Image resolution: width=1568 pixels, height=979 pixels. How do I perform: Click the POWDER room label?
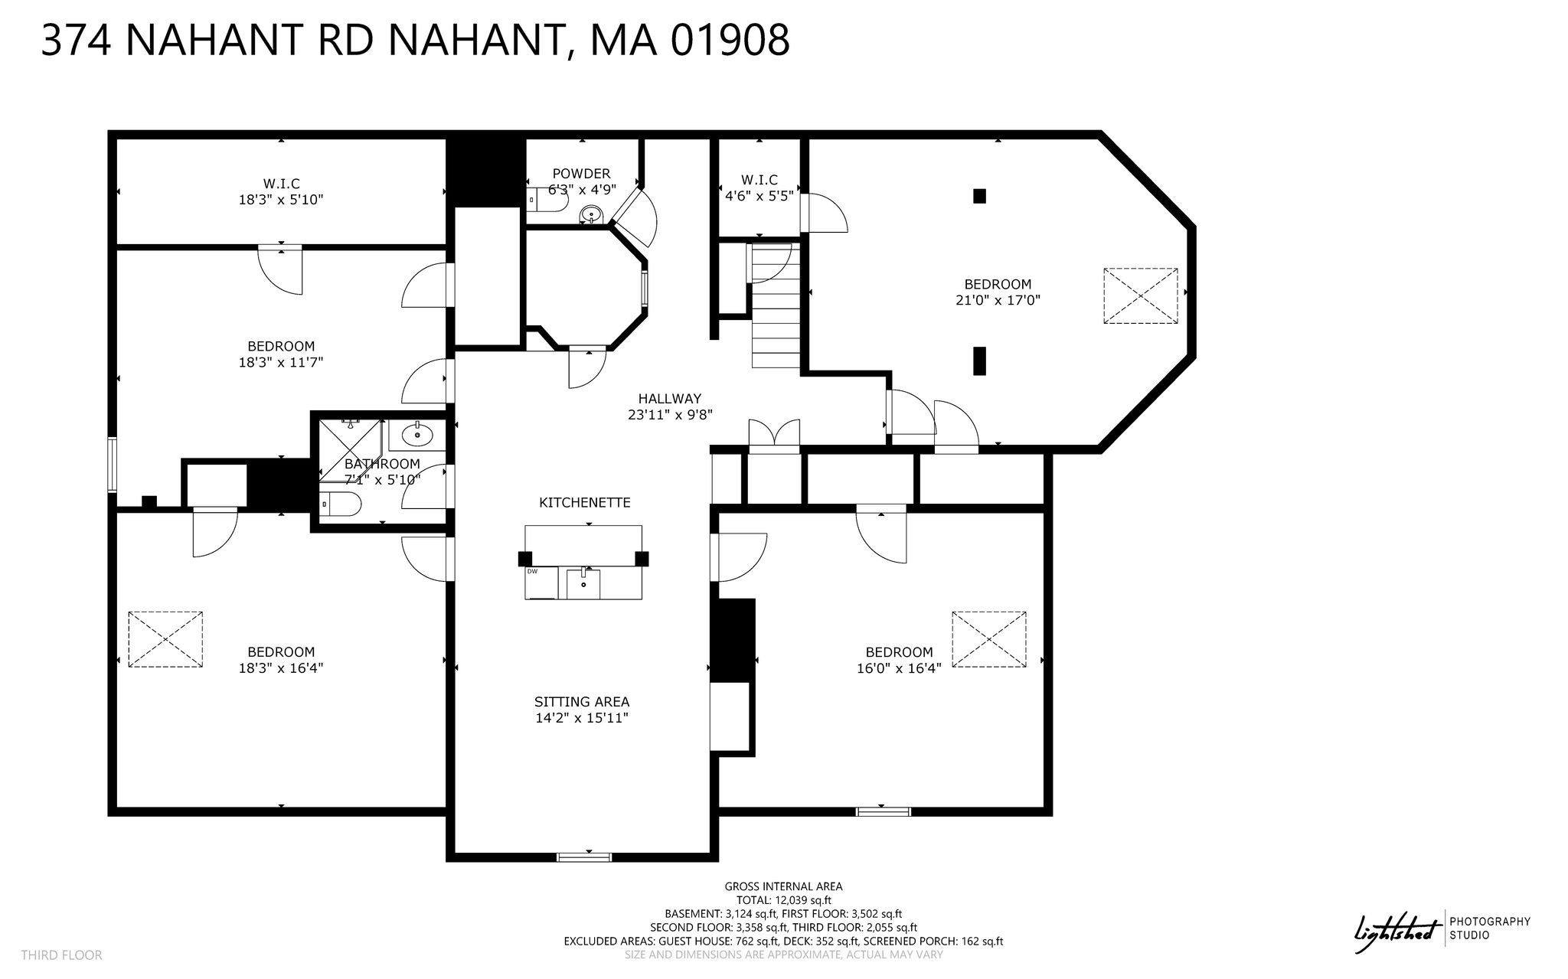coord(581,174)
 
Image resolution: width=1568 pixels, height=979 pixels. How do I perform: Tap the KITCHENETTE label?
coord(585,503)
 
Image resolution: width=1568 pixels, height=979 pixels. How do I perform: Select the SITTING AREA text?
coord(582,702)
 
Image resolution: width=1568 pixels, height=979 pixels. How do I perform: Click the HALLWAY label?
coord(670,399)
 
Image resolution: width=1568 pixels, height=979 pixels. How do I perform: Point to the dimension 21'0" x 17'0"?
coord(998,301)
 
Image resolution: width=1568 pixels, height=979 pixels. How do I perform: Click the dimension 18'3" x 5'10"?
coord(281,200)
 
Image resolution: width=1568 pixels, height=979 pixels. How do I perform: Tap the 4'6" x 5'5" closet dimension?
coord(759,195)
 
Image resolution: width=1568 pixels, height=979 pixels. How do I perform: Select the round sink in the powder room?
coord(590,214)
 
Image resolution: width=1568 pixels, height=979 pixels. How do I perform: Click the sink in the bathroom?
coord(416,437)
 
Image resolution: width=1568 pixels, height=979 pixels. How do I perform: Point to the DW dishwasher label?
coord(531,571)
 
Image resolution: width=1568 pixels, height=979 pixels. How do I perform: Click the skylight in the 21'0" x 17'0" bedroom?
coord(1140,295)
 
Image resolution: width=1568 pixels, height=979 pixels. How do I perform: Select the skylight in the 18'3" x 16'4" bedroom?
coord(165,639)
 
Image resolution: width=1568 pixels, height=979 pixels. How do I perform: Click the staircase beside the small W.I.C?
coord(774,306)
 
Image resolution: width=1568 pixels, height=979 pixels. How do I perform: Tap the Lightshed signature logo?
coord(1398,932)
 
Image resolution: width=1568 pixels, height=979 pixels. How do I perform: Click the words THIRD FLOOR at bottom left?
coord(61,955)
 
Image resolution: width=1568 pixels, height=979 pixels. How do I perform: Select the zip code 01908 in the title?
coord(730,40)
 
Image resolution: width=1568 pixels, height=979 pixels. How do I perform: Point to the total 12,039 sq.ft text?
coord(784,900)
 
